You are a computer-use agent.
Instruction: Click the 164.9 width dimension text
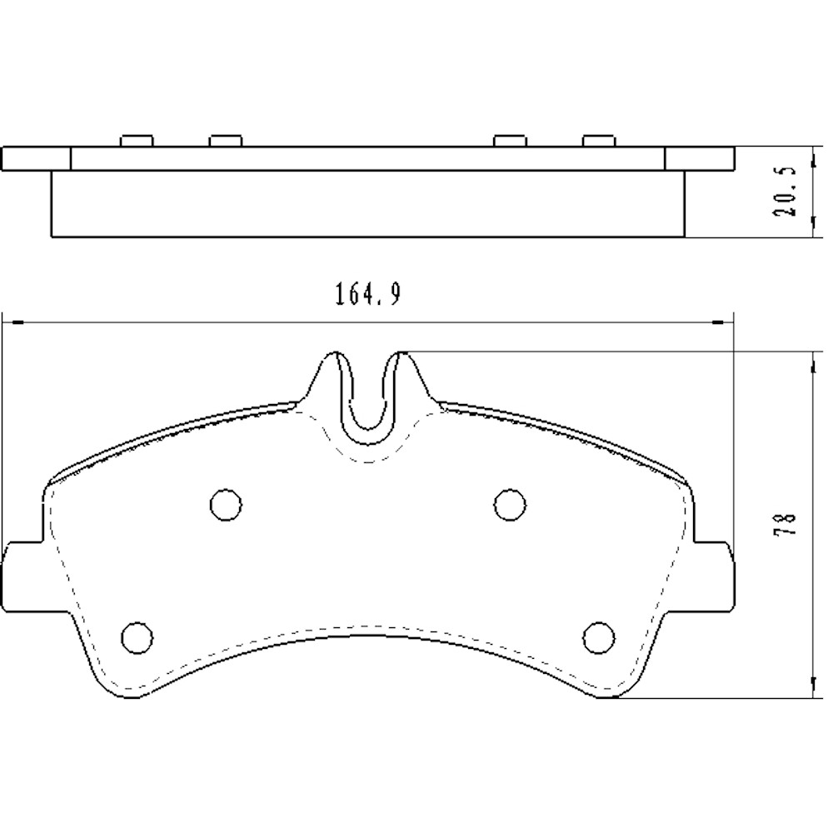367,295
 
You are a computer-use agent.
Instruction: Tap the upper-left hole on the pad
225,503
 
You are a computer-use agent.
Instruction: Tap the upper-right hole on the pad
509,503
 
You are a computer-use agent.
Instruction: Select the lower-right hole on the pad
597,637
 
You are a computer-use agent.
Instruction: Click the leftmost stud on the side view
137,140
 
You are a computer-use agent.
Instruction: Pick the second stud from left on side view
225,140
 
